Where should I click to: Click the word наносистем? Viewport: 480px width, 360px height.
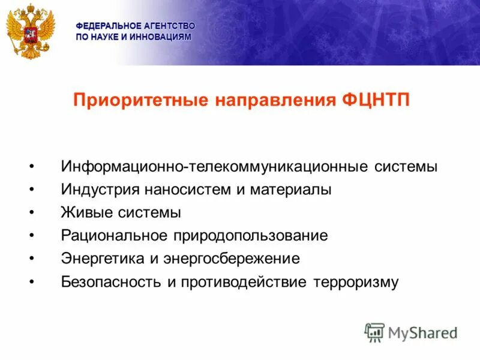(x=187, y=190)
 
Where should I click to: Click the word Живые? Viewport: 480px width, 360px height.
(x=81, y=212)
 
